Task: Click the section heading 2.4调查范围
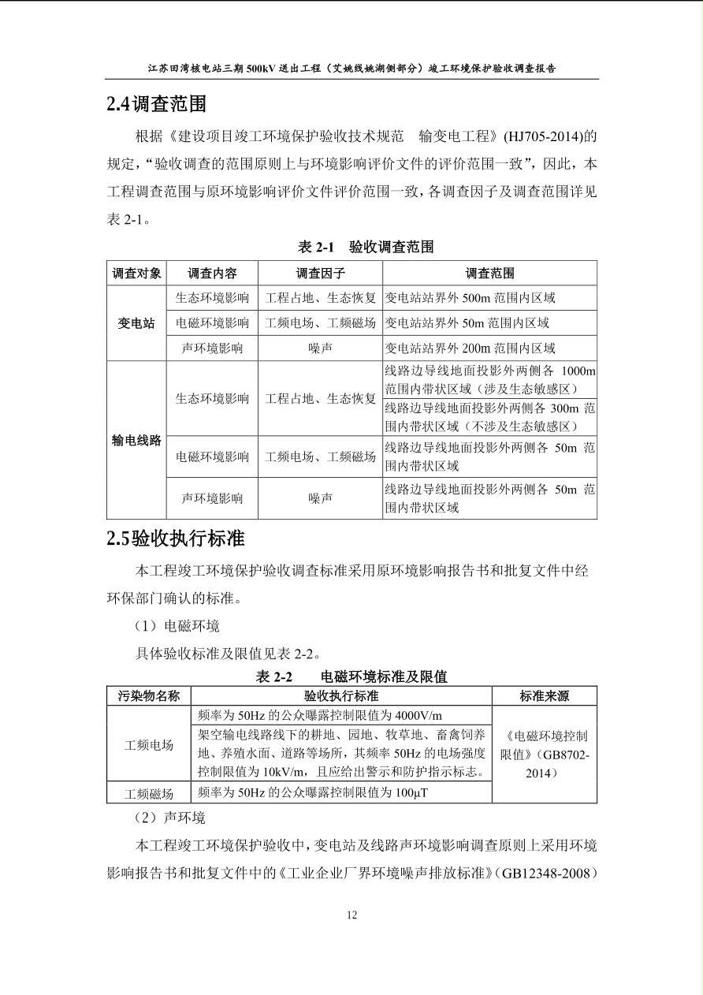coord(157,104)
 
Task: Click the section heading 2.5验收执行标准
coord(176,538)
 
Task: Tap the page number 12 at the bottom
coord(351,915)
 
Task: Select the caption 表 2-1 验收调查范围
coord(366,247)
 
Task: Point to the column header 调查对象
coord(136,273)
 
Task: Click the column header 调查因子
coord(320,273)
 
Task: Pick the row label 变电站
coord(136,323)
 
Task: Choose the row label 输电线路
coord(136,440)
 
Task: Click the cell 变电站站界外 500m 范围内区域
coord(470,298)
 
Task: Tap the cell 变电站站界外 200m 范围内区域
coord(470,348)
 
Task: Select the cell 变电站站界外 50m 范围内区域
coord(467,322)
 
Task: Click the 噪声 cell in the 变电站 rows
coord(320,348)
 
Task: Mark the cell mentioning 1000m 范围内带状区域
coord(489,380)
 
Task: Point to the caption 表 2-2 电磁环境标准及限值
coord(351,676)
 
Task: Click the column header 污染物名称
coord(149,695)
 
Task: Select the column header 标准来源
coord(544,695)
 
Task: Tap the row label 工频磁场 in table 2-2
coord(149,792)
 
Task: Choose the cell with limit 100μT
coord(313,792)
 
